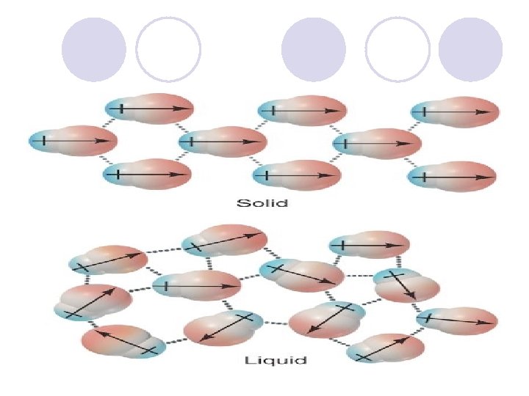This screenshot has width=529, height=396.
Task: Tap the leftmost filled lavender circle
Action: (x=93, y=50)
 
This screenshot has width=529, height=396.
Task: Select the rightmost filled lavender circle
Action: (x=470, y=50)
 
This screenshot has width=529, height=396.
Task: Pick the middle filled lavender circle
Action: (x=314, y=50)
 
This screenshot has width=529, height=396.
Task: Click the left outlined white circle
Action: (x=168, y=50)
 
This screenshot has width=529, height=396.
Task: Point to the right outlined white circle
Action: (x=397, y=50)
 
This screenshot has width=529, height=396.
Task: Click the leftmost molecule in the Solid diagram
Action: (x=70, y=141)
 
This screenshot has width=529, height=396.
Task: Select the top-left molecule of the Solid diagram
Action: (x=149, y=109)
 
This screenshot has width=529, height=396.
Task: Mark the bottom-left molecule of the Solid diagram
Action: (x=147, y=175)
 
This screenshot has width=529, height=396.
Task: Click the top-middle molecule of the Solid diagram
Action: (x=301, y=111)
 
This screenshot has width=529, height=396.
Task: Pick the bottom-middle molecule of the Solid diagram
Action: (x=297, y=175)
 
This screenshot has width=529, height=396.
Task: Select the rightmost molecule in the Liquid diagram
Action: (x=458, y=320)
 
